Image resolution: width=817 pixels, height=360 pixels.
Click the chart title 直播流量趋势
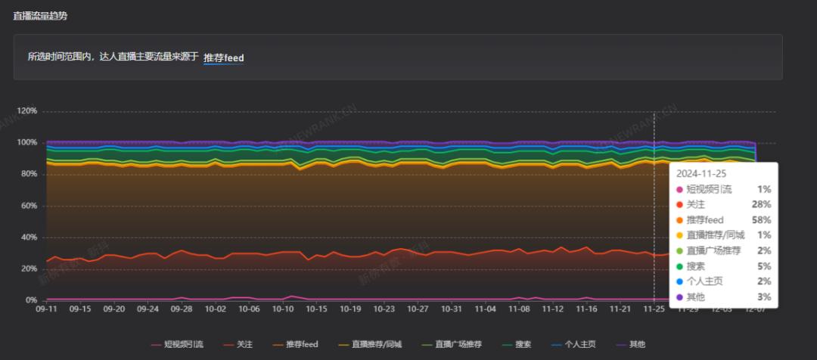point(45,16)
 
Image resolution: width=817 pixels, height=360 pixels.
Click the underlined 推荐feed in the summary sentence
point(223,57)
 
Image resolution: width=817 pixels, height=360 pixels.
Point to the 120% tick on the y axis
point(27,111)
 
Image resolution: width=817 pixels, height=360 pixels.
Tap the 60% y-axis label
point(29,206)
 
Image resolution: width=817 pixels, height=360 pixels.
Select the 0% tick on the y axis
point(31,300)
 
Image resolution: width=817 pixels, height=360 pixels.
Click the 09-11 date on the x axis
point(47,309)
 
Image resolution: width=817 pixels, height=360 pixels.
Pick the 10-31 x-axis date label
point(452,309)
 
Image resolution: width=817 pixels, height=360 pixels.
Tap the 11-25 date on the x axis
point(654,309)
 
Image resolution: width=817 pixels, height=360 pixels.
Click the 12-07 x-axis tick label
point(754,309)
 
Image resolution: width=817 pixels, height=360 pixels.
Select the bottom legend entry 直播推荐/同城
point(376,344)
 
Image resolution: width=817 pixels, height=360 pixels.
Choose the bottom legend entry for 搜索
point(523,344)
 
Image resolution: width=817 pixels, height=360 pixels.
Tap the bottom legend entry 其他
point(637,344)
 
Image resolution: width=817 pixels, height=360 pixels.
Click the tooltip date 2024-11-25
point(701,173)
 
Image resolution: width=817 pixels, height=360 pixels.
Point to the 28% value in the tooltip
point(762,204)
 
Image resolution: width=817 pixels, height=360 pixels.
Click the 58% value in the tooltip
point(762,219)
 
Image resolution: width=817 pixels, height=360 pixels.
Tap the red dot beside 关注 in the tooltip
point(680,204)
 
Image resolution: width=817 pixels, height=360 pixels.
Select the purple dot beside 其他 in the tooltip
point(680,297)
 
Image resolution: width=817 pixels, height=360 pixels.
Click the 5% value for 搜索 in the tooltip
point(765,266)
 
